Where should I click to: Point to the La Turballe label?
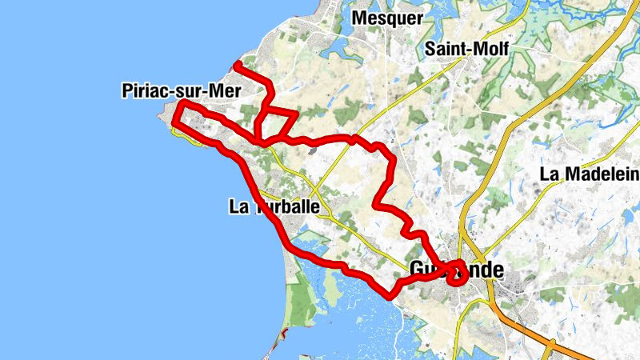(274, 207)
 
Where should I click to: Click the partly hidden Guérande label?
(456, 270)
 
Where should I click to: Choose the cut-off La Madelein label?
(590, 174)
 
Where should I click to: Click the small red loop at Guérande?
(456, 276)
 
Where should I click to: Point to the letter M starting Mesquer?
(360, 18)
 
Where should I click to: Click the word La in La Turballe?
(238, 207)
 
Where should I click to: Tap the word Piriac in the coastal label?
(144, 90)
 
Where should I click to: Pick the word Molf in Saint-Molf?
(490, 48)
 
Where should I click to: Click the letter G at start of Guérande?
(416, 270)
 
